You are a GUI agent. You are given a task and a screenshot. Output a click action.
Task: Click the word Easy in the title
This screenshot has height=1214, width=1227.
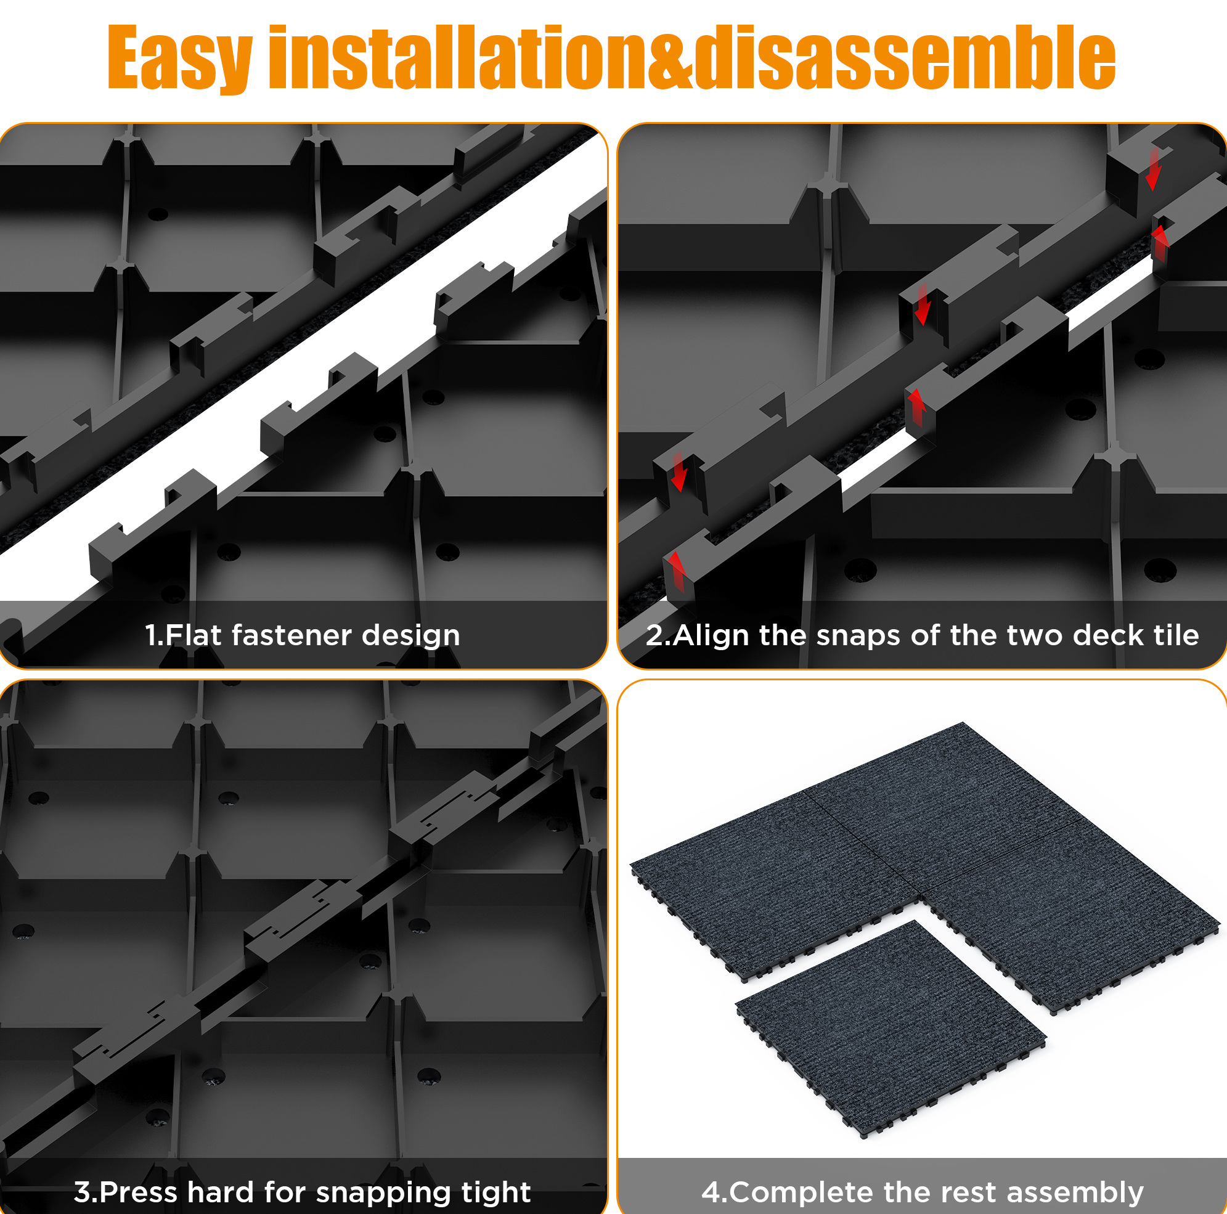tap(181, 59)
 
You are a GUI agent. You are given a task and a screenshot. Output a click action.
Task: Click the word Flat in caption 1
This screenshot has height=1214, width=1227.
tap(193, 634)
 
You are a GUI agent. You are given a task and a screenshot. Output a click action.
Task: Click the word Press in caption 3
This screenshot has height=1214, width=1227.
tap(139, 1192)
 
